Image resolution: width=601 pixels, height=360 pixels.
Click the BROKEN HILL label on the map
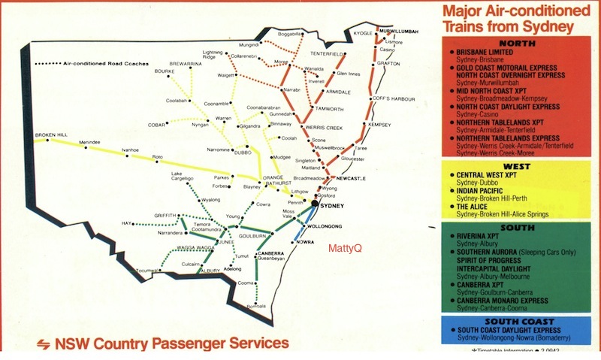pyautogui.click(x=51, y=135)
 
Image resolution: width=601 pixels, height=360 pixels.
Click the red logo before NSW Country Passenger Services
pyautogui.click(x=42, y=343)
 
